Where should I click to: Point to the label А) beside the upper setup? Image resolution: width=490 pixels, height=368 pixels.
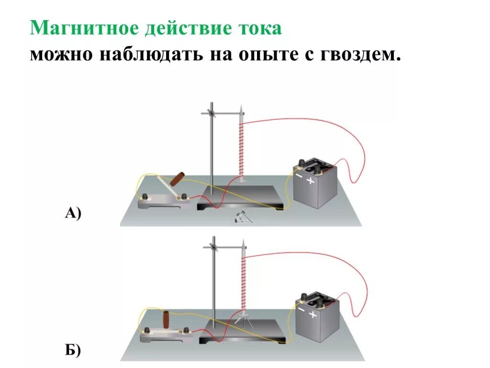point(73,213)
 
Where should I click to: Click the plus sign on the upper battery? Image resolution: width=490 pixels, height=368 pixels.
point(311,181)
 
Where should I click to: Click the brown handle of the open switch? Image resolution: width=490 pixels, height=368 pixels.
point(178,179)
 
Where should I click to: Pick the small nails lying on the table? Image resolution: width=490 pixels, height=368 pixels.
point(240,218)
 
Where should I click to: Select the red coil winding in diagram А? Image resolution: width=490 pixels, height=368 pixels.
point(241,149)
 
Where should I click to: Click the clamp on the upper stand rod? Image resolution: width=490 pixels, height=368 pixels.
point(211,113)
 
